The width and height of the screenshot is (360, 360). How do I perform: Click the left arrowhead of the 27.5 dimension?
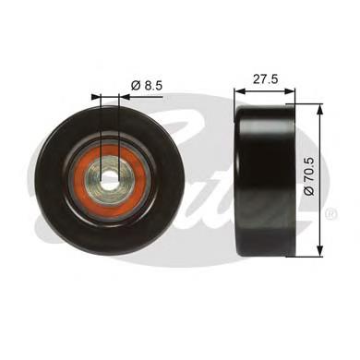tap(239, 92)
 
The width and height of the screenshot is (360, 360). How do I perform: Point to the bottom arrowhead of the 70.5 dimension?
tap(320, 250)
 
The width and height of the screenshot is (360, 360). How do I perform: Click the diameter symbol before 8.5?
tap(136, 84)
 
